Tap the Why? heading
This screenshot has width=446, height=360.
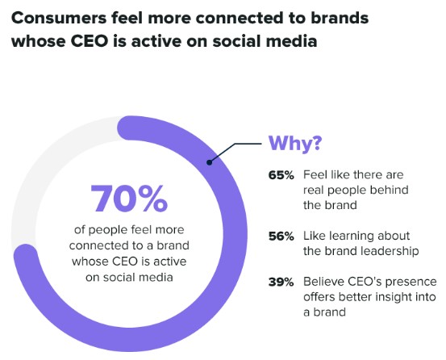pyautogui.click(x=295, y=143)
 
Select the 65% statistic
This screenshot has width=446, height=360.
pyautogui.click(x=281, y=174)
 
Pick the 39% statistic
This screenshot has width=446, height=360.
pyautogui.click(x=281, y=281)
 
